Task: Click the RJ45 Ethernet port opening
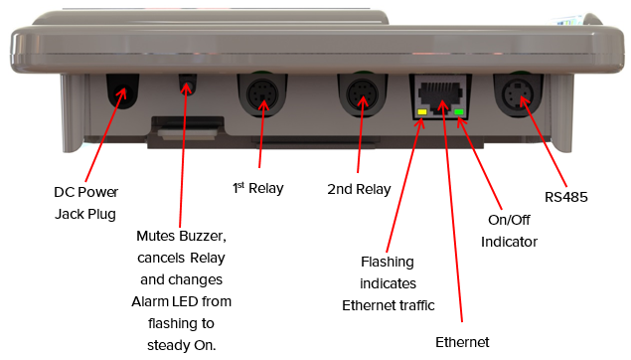point(440,95)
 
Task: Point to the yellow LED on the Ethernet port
point(422,112)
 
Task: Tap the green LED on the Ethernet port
point(459,112)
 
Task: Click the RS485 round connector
point(518,95)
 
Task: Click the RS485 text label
point(565,197)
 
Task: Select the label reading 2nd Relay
point(359,189)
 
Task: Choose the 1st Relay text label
point(258,188)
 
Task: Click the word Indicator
point(509,242)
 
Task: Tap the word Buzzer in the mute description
point(203,236)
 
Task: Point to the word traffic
point(417,305)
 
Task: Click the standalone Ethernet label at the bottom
point(462,342)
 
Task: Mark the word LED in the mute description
point(185,301)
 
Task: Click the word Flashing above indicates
point(388,263)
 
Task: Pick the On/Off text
point(509,220)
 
